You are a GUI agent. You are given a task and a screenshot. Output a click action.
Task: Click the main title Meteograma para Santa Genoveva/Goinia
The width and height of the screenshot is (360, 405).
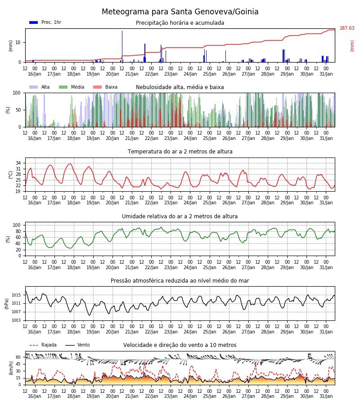point(180,12)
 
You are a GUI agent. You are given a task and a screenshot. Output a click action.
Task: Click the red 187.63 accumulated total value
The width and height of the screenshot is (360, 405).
point(347,28)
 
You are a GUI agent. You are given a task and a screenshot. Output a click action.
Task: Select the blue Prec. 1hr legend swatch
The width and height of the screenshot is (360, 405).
point(34,22)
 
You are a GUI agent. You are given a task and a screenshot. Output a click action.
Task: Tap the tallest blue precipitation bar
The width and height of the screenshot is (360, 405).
point(122,46)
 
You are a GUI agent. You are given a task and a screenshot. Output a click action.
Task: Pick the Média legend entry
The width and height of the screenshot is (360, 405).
point(72,87)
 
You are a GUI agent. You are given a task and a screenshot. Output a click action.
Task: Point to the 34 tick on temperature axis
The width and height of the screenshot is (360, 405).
point(18,163)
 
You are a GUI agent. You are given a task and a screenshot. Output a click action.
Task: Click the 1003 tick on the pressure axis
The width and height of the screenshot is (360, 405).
point(16,320)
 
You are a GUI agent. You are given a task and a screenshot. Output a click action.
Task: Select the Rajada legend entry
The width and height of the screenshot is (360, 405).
point(43,345)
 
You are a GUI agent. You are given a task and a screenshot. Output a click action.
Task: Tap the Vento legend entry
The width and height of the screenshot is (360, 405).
point(77,345)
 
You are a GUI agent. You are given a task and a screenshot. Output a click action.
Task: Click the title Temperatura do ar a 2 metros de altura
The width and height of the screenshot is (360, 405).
point(180,152)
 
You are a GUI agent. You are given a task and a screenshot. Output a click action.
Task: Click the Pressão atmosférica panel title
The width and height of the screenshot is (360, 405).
point(180,281)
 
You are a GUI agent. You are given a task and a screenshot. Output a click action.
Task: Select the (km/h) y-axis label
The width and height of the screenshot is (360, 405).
point(11,368)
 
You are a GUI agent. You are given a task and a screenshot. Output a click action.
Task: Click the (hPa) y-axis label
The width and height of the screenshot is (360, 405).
point(6,304)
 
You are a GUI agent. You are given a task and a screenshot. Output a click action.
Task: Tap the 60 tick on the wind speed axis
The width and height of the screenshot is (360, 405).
point(18,357)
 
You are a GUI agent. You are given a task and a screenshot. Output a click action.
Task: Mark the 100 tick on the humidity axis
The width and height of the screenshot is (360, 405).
point(17,225)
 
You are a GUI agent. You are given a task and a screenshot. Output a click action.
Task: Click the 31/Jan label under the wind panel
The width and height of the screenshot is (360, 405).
point(326,396)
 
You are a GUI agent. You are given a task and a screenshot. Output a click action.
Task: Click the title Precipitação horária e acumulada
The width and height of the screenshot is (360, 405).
point(180,23)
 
